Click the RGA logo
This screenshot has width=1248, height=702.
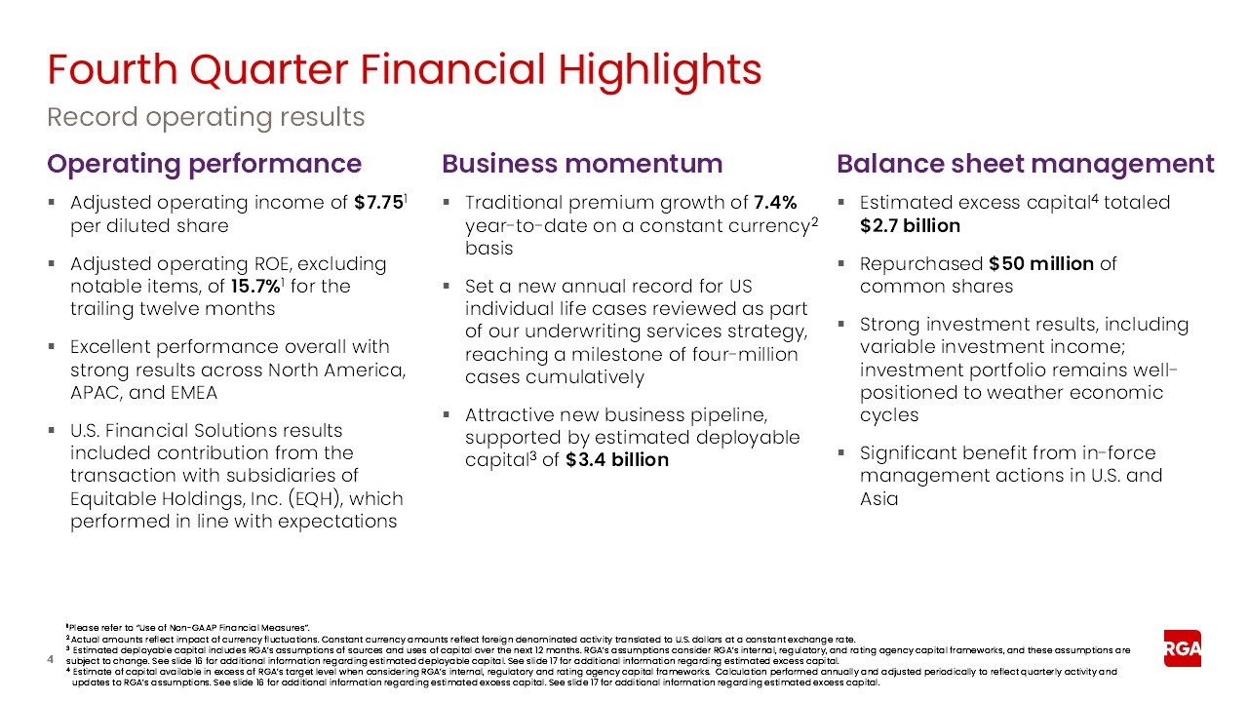pyautogui.click(x=1182, y=648)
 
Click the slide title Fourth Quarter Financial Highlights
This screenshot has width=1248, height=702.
pyautogui.click(x=405, y=70)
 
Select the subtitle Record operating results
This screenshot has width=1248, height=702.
pyautogui.click(x=206, y=118)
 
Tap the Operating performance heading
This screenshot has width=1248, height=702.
pyautogui.click(x=205, y=164)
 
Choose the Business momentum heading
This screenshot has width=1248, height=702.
pyautogui.click(x=582, y=164)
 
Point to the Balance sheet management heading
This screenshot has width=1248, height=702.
pyautogui.click(x=1026, y=164)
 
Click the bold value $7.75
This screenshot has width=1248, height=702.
pyautogui.click(x=378, y=203)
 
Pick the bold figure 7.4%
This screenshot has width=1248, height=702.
pyautogui.click(x=775, y=203)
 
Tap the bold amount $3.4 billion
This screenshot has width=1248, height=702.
pyautogui.click(x=616, y=460)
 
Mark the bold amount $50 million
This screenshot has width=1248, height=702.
pyautogui.click(x=1040, y=264)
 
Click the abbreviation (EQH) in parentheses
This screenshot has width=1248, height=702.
pyautogui.click(x=311, y=498)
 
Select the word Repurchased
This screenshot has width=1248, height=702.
pyautogui.click(x=920, y=264)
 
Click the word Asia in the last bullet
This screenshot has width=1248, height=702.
pyautogui.click(x=878, y=498)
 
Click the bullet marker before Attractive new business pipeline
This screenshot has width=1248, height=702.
pyautogui.click(x=446, y=415)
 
